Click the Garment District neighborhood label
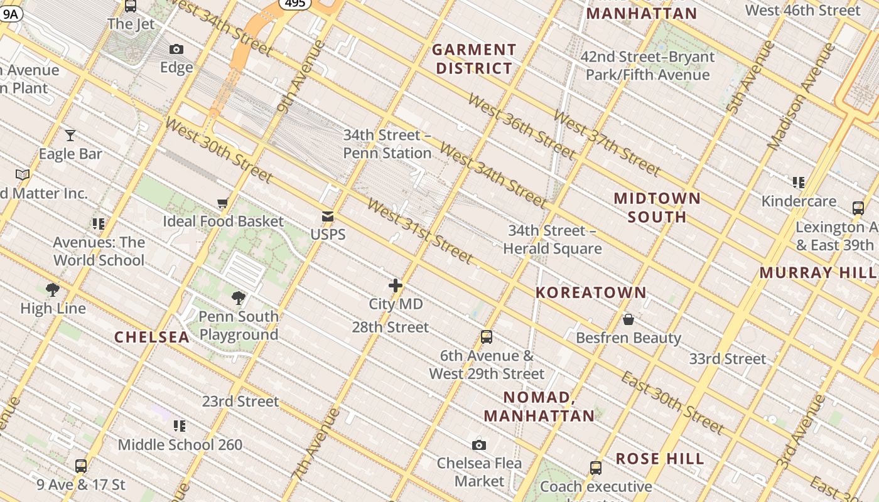click(474, 59)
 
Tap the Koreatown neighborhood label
click(591, 292)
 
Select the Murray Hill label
click(818, 272)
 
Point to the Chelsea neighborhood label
click(151, 337)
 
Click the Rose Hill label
click(660, 459)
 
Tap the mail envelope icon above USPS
click(328, 216)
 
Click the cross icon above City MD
click(396, 286)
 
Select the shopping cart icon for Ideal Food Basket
click(222, 203)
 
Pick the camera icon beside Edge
click(176, 49)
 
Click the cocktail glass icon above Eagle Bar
click(70, 135)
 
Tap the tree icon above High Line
click(53, 289)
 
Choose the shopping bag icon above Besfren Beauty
click(628, 319)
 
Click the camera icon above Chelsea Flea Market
click(479, 445)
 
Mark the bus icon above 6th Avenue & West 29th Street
click(486, 337)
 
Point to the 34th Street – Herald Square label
click(553, 240)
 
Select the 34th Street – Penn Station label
click(387, 144)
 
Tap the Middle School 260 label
click(180, 445)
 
